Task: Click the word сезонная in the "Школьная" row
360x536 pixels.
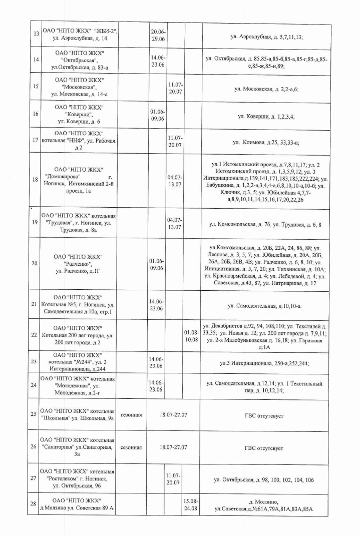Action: (x=132, y=415)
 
